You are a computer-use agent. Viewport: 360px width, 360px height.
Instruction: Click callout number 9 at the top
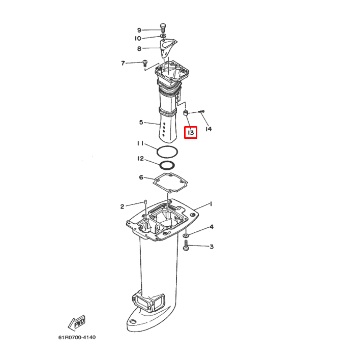pos(139,30)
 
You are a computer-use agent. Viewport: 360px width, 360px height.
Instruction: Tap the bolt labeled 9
pos(163,27)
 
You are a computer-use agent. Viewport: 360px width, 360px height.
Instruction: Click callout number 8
pos(139,49)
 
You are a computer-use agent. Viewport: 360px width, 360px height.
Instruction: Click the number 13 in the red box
pos(190,133)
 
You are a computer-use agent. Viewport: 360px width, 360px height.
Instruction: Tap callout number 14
pos(208,129)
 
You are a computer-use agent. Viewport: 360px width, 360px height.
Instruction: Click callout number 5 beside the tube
pos(141,123)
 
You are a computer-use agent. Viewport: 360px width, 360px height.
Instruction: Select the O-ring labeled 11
pos(166,152)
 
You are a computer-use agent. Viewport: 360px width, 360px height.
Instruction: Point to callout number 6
pos(141,177)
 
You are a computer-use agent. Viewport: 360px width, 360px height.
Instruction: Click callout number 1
pos(211,204)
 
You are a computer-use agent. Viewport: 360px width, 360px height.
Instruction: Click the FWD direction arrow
pos(76,323)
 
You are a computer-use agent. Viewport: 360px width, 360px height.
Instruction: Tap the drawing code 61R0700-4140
pos(77,338)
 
